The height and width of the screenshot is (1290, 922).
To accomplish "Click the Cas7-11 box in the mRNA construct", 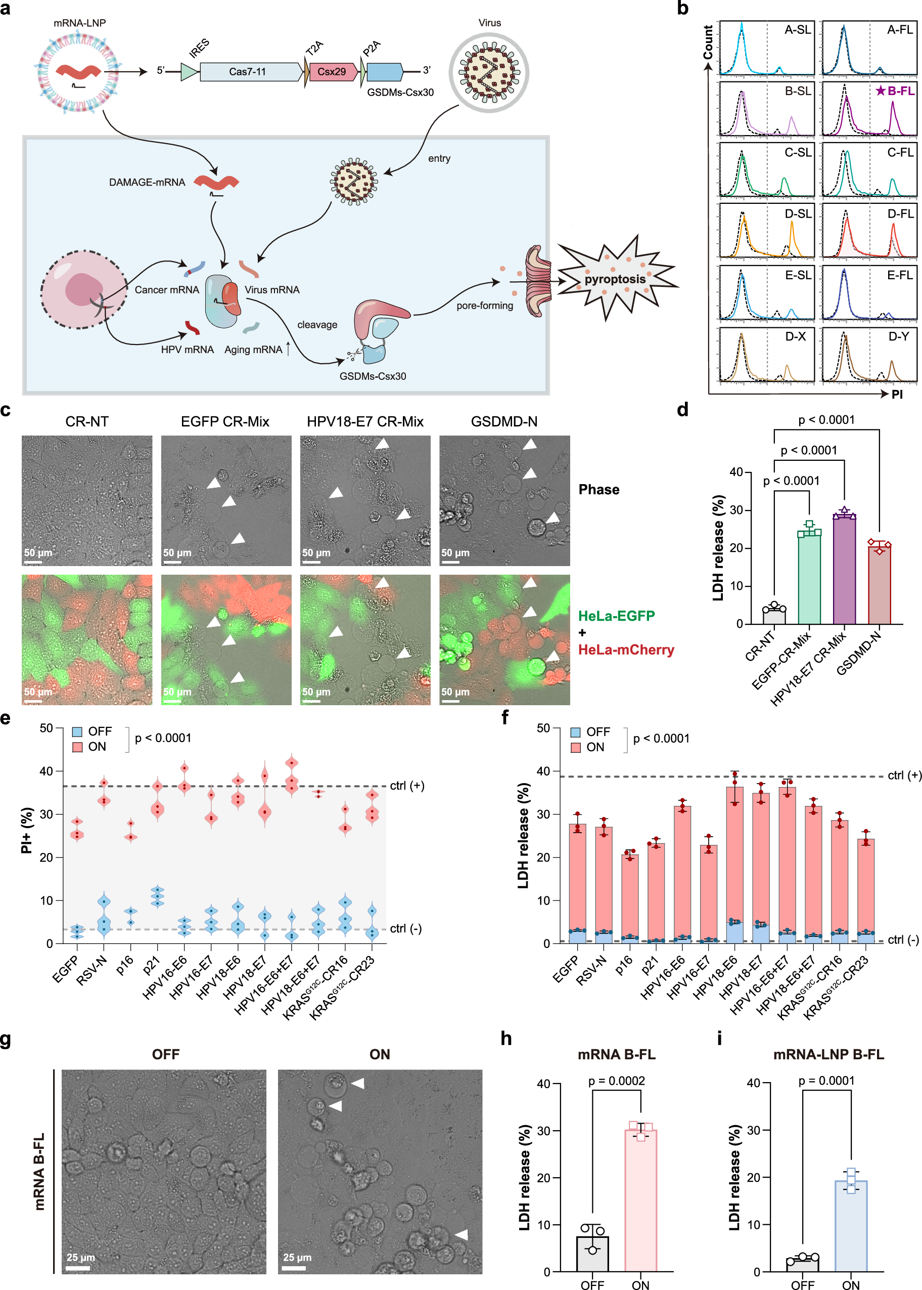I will click(248, 71).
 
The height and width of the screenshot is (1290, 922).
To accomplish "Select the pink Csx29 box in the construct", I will click(332, 71).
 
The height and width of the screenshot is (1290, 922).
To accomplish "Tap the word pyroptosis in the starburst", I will click(615, 279).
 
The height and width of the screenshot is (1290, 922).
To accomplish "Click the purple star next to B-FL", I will click(880, 91).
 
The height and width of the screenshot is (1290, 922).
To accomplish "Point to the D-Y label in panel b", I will click(898, 337).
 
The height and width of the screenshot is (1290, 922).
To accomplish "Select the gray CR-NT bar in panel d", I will click(774, 616).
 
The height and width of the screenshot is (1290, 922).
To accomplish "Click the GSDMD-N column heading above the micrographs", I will click(503, 421).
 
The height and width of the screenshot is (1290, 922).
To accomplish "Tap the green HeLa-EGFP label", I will click(616, 616).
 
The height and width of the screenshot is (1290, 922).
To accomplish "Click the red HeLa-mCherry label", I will click(626, 650).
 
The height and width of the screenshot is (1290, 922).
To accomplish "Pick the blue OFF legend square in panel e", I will click(77, 732).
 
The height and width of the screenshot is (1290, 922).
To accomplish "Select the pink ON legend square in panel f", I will click(576, 748).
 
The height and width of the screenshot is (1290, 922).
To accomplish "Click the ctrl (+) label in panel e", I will click(406, 786).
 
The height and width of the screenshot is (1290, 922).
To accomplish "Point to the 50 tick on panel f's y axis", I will click(543, 728).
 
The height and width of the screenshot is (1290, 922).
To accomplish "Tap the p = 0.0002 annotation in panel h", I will click(616, 1081).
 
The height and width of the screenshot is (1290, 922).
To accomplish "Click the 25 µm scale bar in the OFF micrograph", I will click(78, 1268).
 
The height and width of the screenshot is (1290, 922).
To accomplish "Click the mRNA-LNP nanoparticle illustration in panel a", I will click(78, 71).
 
